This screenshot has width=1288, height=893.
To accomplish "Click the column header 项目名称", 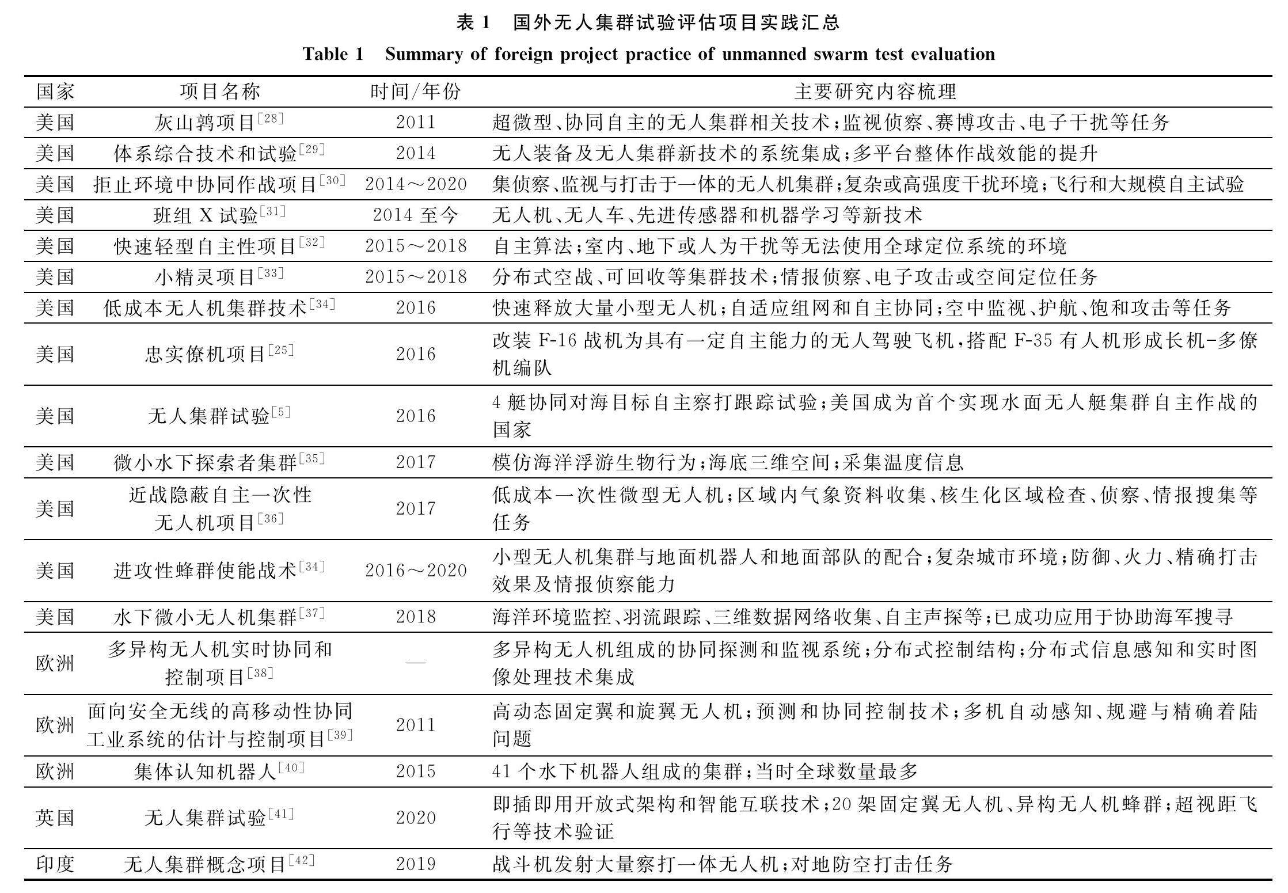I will tap(220, 92).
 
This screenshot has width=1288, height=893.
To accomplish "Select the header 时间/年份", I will tap(415, 92).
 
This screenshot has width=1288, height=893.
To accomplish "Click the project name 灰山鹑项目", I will tap(205, 123).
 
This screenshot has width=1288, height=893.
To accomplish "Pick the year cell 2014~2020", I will tap(416, 184).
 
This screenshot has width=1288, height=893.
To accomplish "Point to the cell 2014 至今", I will tap(416, 215).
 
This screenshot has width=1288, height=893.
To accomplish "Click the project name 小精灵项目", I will tap(205, 278).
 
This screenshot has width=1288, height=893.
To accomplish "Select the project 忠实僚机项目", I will tap(205, 354).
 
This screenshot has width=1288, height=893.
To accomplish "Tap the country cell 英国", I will tap(55, 818).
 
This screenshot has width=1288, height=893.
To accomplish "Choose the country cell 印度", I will tap(55, 864).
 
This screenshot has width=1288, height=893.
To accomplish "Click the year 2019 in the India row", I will tap(416, 864).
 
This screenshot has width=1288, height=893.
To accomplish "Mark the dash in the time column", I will tap(416, 663).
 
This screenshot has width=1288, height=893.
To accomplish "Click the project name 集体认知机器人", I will tap(205, 772).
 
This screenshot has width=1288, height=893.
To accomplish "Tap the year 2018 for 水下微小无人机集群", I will tap(416, 617).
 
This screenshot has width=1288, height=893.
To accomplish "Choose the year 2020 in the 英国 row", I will tap(416, 818).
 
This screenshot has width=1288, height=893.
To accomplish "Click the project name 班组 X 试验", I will tap(205, 215).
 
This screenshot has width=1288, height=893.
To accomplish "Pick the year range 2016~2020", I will tap(416, 571).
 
